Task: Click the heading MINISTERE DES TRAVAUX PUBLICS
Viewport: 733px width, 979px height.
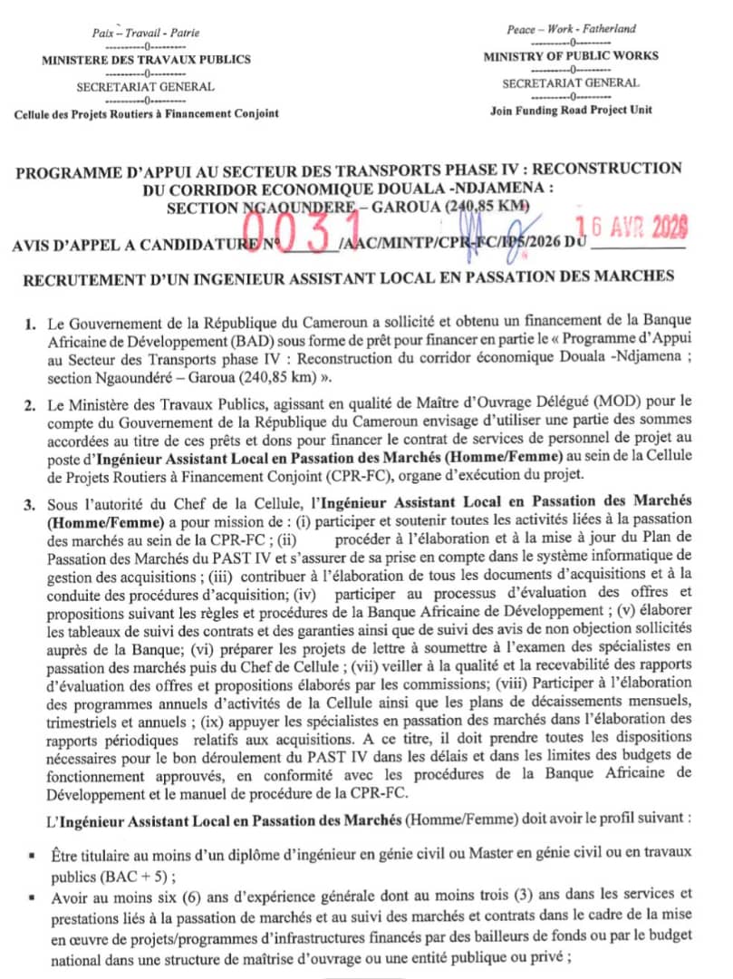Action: click(x=146, y=61)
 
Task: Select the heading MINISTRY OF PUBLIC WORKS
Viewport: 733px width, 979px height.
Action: click(x=584, y=56)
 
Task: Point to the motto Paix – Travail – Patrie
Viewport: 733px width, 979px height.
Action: click(x=146, y=33)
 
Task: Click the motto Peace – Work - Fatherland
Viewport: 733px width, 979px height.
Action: click(x=584, y=29)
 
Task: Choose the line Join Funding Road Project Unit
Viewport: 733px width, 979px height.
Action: click(x=584, y=110)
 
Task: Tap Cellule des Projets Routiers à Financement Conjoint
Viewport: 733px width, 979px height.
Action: click(x=146, y=114)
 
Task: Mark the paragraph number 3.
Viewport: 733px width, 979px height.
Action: click(x=31, y=501)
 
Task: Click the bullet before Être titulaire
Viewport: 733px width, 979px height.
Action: click(x=32, y=856)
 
